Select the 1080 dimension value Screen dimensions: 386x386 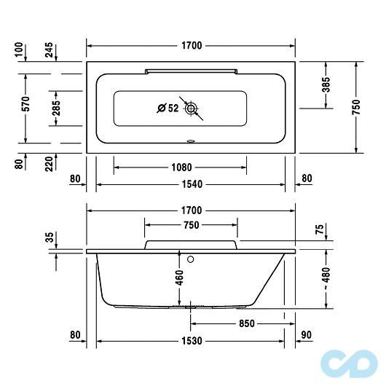tap(181, 166)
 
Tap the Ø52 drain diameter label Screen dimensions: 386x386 tap(168, 109)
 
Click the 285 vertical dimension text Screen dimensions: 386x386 tap(55, 108)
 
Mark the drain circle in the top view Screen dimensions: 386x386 tap(192, 109)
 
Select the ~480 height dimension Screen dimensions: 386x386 tap(326, 277)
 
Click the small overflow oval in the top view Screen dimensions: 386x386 tap(191, 142)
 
